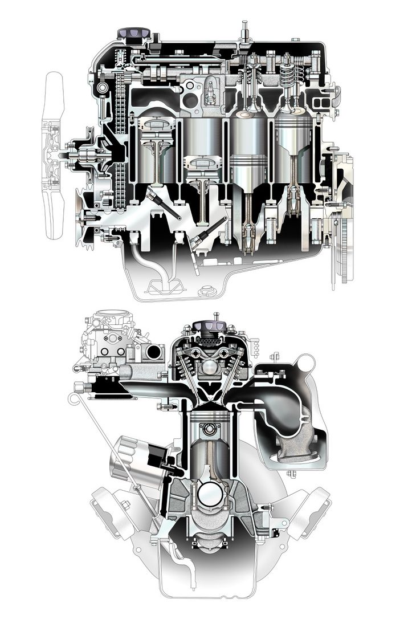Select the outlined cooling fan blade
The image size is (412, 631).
[55, 114]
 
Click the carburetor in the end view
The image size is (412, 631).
[111, 342]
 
